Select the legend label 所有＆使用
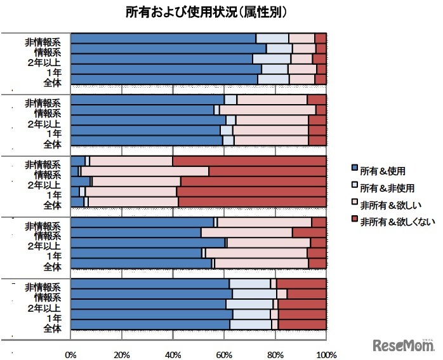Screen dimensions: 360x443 383,170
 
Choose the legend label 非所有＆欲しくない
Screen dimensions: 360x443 396,222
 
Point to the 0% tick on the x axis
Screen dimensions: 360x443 71,353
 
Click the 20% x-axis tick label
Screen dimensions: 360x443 122,353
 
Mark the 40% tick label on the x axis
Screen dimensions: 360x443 173,353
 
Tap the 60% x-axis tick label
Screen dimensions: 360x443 223,353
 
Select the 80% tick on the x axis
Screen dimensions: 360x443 274,353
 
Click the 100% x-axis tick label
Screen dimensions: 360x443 325,353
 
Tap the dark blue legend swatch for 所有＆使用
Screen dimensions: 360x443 354,170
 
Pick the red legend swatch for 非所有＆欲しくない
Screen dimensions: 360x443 354,222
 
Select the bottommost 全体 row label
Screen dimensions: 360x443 52,328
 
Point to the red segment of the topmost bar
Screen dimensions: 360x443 321,38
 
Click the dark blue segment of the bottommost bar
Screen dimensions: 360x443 150,325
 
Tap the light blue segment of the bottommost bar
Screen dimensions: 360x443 251,325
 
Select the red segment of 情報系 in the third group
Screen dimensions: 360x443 267,171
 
